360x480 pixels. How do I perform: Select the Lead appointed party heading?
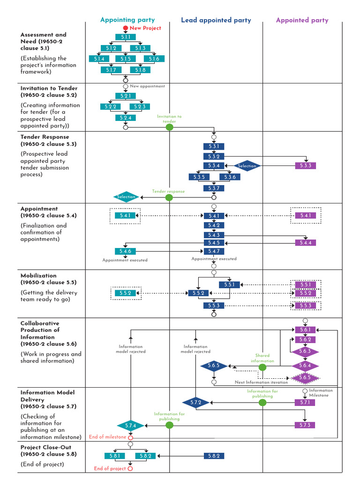coord(216,20)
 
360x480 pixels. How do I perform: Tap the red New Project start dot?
coord(125,28)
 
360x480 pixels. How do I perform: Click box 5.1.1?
coord(125,37)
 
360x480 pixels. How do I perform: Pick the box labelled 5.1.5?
coord(125,59)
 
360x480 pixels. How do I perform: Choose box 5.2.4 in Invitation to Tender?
coord(125,118)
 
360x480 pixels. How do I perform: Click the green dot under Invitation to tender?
coord(170,127)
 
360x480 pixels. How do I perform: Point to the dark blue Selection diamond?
coord(247,165)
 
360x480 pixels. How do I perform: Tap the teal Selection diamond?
coord(126,197)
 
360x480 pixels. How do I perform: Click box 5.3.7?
coord(214,188)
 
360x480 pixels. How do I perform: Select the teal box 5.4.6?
coord(125,252)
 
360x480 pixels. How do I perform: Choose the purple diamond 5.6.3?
coord(306,351)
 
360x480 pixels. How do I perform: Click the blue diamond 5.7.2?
coord(196,402)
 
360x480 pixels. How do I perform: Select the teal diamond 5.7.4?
coord(130,425)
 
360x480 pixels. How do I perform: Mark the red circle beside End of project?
coord(130,468)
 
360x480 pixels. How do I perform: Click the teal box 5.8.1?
coord(115,456)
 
